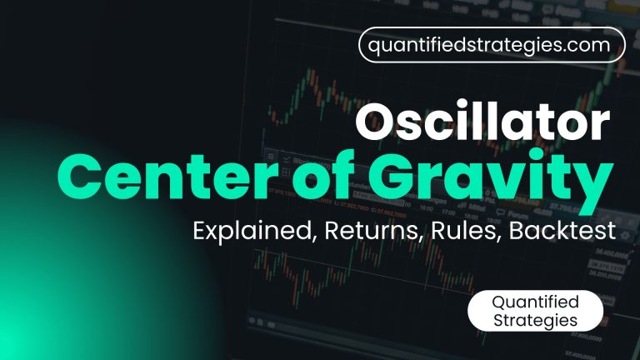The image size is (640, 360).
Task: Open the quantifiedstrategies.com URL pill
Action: click(x=492, y=45)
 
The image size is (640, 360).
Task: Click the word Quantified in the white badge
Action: click(x=534, y=302)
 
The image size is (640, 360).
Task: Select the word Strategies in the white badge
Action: click(x=534, y=320)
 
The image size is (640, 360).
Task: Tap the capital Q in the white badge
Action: click(x=500, y=302)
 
